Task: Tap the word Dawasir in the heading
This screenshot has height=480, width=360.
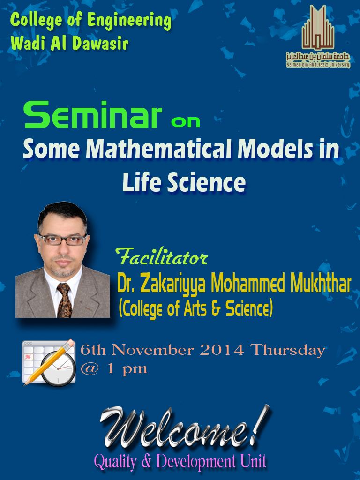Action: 100,43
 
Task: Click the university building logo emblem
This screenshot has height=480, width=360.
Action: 318,28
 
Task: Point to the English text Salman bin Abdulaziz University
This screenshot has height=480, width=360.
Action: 318,65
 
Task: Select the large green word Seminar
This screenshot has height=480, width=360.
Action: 93,115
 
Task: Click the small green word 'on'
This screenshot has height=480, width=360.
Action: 186,122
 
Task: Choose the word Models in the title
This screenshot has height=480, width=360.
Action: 275,149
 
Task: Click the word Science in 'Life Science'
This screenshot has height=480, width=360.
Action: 206,182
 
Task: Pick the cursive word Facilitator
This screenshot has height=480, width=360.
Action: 161,256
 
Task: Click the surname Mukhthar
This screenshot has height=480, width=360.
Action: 320,283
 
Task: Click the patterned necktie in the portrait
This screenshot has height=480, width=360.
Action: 64,300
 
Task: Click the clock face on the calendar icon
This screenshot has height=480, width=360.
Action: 58,369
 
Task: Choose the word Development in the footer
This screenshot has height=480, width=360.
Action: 196,461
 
